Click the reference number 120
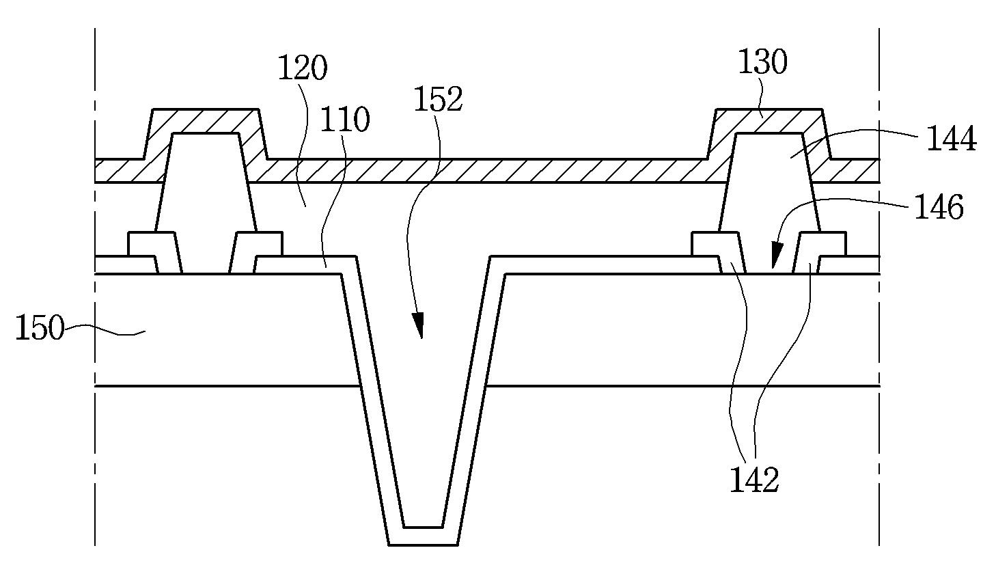303,69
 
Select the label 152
438,100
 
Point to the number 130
762,63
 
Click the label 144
950,139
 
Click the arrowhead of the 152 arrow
419,327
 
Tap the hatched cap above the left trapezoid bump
205,120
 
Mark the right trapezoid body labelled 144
768,184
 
